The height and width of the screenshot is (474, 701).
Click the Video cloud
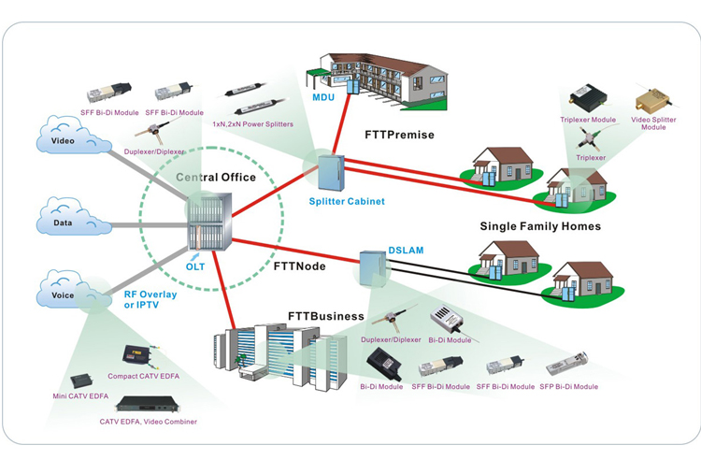pyautogui.click(x=74, y=136)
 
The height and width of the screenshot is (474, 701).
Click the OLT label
pyautogui.click(x=195, y=267)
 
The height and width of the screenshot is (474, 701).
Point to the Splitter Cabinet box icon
pyautogui.click(x=331, y=173)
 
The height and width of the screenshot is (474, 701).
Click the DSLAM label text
pyautogui.click(x=406, y=251)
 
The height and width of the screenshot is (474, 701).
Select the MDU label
pyautogui.click(x=323, y=97)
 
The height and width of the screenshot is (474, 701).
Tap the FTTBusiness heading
pyautogui.click(x=326, y=316)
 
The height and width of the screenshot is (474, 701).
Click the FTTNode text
pyautogui.click(x=299, y=266)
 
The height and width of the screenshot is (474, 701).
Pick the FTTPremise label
pyautogui.click(x=399, y=135)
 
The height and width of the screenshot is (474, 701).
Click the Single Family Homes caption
pyautogui.click(x=540, y=226)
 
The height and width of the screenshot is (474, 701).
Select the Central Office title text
pyautogui.click(x=216, y=177)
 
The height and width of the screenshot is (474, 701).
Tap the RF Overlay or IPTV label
pyautogui.click(x=150, y=299)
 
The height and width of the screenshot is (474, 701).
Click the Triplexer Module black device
pyautogui.click(x=588, y=97)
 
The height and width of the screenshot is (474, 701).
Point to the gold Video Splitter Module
pyautogui.click(x=652, y=99)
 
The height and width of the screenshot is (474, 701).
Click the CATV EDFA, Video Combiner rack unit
pyautogui.click(x=148, y=404)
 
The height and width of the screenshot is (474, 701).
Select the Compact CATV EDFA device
pyautogui.click(x=137, y=354)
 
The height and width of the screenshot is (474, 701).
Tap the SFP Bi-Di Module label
pyautogui.click(x=568, y=387)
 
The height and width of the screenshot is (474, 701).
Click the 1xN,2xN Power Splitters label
pyautogui.click(x=253, y=124)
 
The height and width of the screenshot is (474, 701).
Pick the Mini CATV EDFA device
pyautogui.click(x=81, y=381)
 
